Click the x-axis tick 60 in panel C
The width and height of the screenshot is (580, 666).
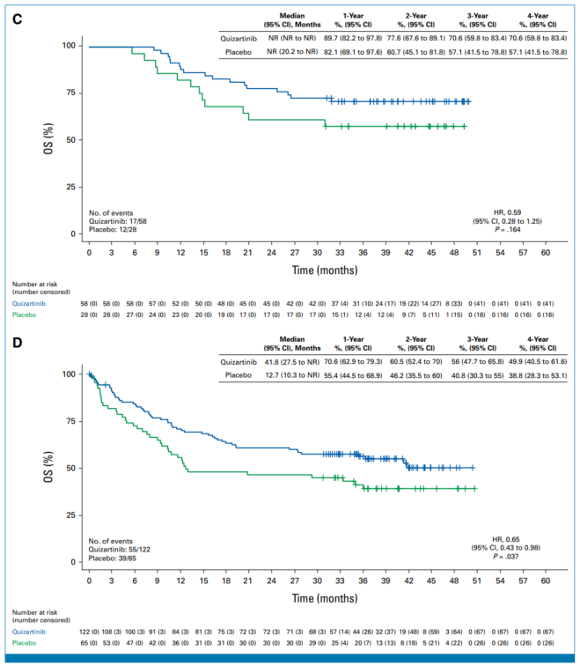coord(546,252)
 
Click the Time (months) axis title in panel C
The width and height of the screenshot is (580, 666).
coord(317,267)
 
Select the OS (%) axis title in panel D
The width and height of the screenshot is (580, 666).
coord(57,468)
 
